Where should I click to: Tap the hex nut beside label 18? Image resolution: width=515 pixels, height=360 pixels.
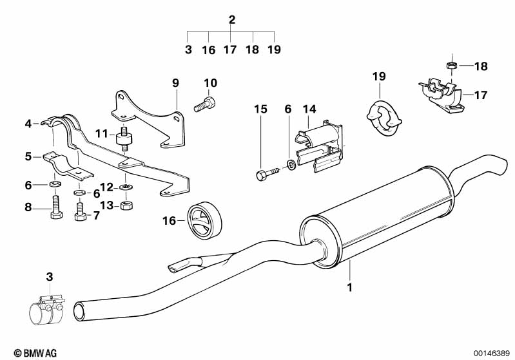[x=452, y=65]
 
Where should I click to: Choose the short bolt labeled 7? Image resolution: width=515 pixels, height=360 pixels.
[x=80, y=213]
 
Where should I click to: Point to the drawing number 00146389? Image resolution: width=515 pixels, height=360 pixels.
[x=491, y=352]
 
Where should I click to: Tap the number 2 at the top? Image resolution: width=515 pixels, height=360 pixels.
[x=232, y=20]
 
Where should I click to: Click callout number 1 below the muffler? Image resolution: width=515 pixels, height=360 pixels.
[x=350, y=287]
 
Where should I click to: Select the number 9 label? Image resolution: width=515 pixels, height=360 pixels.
[x=175, y=83]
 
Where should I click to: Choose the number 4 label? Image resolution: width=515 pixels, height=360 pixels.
[x=28, y=123]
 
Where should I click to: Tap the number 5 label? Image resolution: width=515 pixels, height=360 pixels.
[x=28, y=156]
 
